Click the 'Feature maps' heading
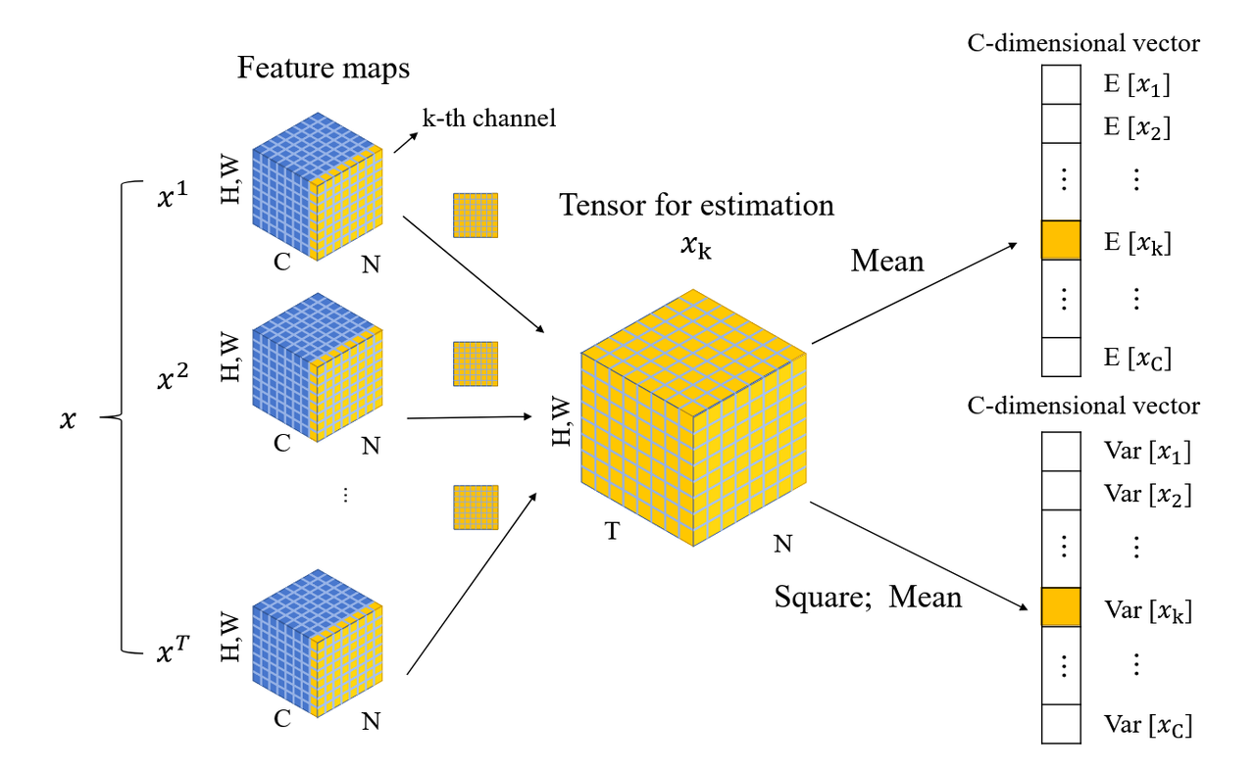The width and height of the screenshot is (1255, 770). [x=324, y=69]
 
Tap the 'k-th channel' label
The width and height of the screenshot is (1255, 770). [x=488, y=119]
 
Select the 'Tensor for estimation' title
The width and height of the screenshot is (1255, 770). [x=696, y=205]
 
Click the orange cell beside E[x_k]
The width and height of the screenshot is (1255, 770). [x=1061, y=240]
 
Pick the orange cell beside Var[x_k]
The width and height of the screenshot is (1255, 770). [x=1061, y=607]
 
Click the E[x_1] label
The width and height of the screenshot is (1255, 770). [x=1136, y=84]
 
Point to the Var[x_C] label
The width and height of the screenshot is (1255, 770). [x=1147, y=725]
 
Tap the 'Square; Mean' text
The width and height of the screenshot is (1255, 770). [x=868, y=597]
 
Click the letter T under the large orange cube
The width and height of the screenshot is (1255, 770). [x=613, y=531]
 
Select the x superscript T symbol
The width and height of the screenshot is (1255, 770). [x=174, y=650]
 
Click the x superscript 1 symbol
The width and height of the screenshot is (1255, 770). [x=172, y=194]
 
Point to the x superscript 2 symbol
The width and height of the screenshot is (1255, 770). [x=172, y=375]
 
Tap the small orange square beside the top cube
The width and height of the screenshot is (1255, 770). [x=476, y=216]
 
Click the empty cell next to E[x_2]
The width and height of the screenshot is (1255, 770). [x=1061, y=123]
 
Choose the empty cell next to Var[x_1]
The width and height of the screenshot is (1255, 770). [x=1061, y=451]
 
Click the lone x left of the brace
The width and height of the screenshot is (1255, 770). [x=68, y=419]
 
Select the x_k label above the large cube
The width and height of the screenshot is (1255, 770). [x=696, y=246]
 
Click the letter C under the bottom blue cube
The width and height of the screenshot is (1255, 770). [x=281, y=718]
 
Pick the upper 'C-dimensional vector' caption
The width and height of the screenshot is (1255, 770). [x=1083, y=44]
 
